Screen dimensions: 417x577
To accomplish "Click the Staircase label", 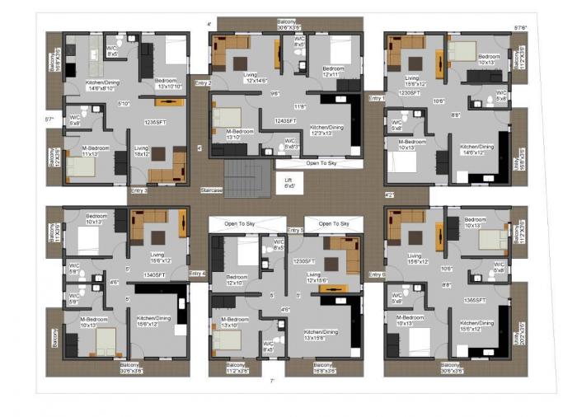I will [x=213, y=190].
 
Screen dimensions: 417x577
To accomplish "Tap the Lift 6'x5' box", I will [x=288, y=183].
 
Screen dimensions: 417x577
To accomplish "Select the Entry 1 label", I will [x=377, y=98].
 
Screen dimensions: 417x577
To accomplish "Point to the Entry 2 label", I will [x=203, y=83].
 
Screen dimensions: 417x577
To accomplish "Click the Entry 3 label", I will [x=139, y=190].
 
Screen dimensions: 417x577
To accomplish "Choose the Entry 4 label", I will [x=197, y=274].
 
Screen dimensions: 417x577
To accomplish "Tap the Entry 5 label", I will [x=295, y=230].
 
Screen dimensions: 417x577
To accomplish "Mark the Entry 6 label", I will [x=377, y=274].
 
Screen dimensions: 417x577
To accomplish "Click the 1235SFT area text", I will [x=156, y=122].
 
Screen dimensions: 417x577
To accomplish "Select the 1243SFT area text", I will [x=285, y=120].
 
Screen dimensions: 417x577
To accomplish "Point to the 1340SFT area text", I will [x=156, y=274].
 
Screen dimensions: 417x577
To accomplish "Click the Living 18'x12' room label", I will [x=142, y=151].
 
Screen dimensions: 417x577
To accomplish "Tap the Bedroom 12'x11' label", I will [x=333, y=72].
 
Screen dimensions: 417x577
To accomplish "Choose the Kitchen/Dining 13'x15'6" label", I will [x=321, y=334].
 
